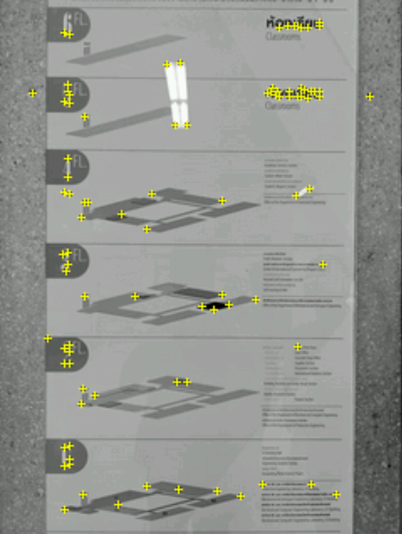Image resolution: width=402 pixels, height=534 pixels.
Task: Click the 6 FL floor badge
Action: coord(66,27)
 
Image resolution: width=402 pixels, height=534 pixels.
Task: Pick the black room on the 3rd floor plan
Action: coord(215,308)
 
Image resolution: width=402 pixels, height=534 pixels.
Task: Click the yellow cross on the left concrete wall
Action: coord(32,93)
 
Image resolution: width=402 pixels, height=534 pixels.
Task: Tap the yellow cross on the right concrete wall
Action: coord(370,97)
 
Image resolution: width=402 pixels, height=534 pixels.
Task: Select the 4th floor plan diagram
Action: coord(169,210)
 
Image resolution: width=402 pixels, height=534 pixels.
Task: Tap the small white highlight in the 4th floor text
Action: coord(305,191)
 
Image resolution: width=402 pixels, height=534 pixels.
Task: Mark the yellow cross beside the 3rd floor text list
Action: coord(323,264)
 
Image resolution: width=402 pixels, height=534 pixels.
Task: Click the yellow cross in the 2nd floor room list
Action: coord(298,347)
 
